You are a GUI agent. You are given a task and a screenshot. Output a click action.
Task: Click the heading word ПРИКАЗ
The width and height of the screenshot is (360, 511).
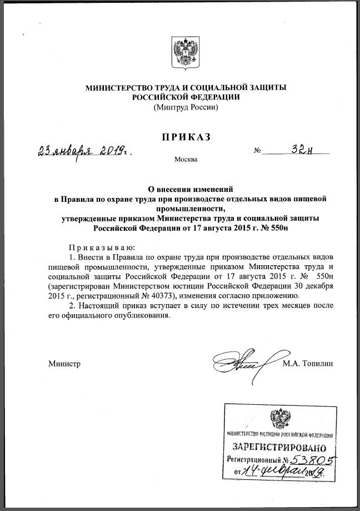186,137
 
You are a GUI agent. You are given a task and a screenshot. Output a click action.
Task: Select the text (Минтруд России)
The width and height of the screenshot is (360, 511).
186,106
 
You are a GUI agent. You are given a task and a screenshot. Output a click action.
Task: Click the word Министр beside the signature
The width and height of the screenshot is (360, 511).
64,364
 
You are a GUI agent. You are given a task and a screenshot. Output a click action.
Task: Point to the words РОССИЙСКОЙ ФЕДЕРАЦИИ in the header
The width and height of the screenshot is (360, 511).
186,97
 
